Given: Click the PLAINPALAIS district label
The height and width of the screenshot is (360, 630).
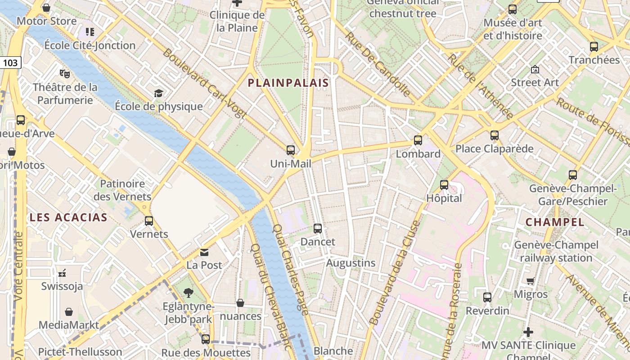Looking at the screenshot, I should (288, 83).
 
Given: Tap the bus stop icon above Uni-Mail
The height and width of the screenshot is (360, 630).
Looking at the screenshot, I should (291, 150).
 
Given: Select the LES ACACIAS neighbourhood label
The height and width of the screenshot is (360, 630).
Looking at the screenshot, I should (68, 218).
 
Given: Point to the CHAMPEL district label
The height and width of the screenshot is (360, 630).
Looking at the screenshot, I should (555, 222).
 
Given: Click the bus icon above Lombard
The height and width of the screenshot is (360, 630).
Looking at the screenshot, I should (418, 140).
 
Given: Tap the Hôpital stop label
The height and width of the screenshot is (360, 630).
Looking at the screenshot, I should (444, 198).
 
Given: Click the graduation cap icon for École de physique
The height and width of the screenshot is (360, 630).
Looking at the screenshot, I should (158, 93).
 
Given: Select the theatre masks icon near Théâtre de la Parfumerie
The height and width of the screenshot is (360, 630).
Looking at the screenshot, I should (65, 73).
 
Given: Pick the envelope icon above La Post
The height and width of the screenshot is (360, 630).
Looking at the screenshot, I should (205, 252).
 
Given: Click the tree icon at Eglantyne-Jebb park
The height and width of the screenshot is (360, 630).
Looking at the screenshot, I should (189, 293).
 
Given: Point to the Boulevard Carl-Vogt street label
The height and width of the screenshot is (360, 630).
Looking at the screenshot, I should (204, 84).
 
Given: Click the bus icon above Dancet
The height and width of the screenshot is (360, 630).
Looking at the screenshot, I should (318, 229).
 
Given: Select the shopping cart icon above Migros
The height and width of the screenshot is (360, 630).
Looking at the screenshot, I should (531, 281).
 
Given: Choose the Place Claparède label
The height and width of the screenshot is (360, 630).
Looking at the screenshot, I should (494, 148).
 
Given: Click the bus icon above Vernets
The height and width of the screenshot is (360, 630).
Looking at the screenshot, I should (149, 221).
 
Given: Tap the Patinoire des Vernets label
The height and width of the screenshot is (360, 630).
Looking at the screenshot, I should (122, 190).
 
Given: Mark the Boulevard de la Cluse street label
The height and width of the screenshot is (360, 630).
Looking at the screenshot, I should (394, 273).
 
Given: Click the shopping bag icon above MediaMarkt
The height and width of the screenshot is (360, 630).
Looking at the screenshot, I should (69, 312).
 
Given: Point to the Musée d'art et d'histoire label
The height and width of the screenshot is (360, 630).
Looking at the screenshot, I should (513, 29).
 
